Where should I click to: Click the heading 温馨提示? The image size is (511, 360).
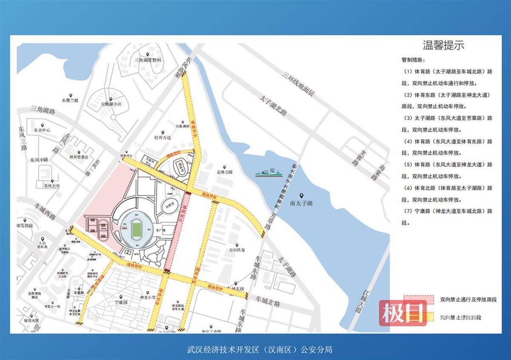coord(443,45)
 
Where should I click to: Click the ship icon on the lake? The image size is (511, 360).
coord(269,172)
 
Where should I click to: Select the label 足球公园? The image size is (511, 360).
coord(224,172)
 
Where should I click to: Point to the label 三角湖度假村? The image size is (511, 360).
coord(148,60)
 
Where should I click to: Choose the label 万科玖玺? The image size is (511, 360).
coord(237,250)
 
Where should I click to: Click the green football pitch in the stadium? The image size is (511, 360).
coord(136,229)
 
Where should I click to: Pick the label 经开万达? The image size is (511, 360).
coord(162,138)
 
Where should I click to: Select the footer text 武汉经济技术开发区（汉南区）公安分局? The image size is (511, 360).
coord(260,350)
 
